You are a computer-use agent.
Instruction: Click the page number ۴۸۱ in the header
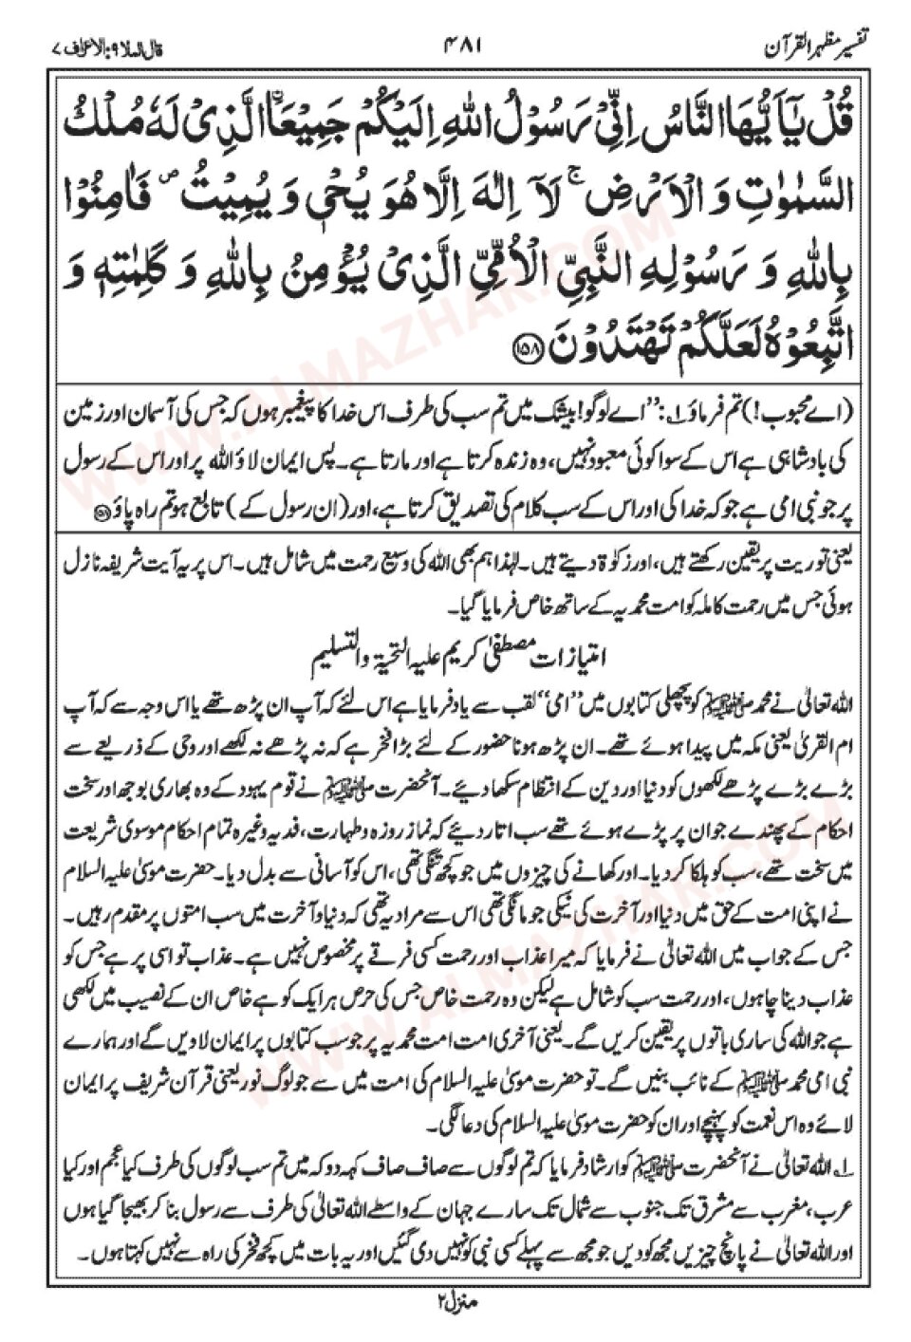tap(456, 45)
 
